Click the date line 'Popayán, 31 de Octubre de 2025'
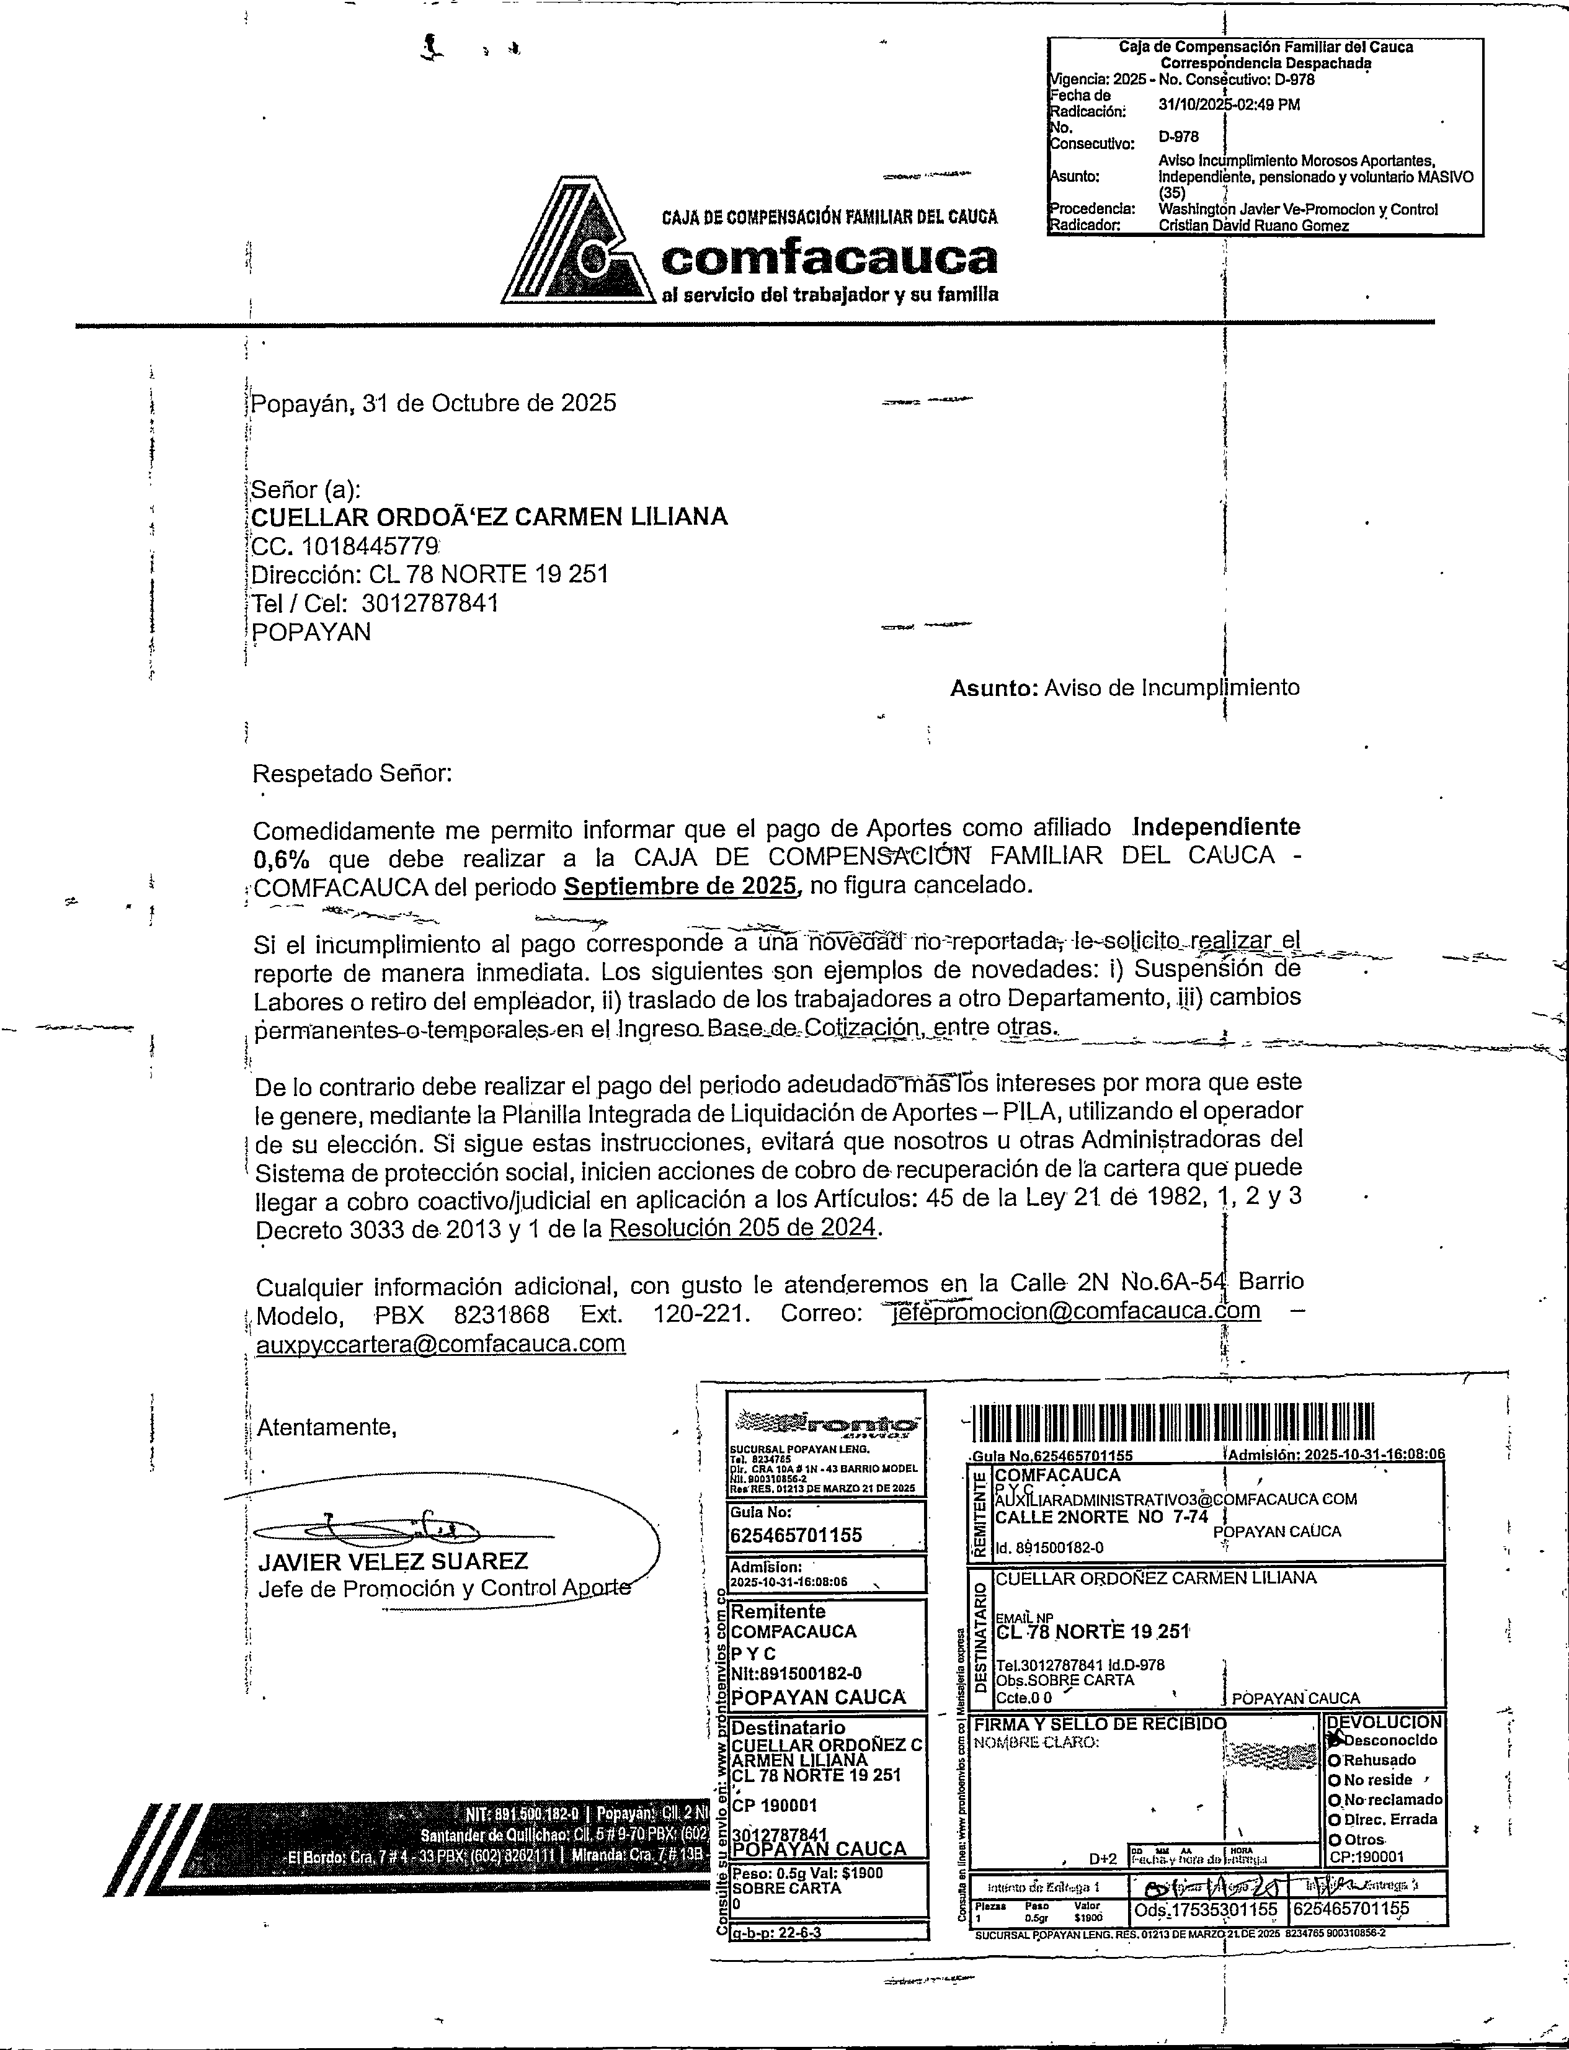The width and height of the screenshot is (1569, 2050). coord(434,403)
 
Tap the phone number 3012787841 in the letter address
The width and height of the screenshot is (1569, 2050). coord(430,604)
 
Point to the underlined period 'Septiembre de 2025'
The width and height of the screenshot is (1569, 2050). coord(682,885)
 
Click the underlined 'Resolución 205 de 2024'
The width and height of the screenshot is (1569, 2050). coord(744,1227)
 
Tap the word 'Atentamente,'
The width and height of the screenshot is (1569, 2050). coord(327,1427)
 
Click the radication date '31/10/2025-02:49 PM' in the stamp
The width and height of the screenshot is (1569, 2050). coord(1229,105)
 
